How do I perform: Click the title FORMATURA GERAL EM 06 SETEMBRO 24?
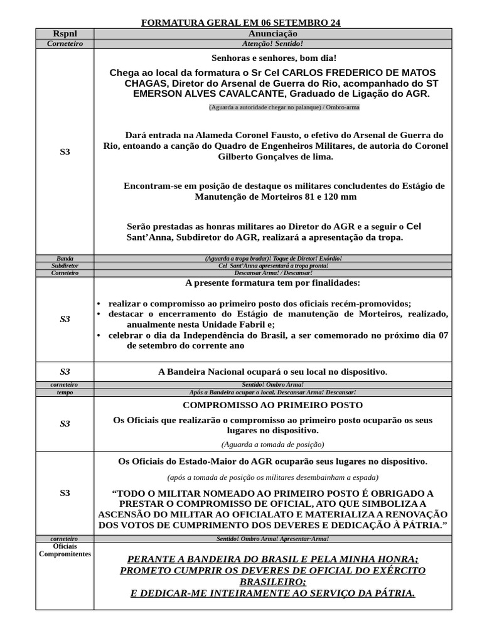pos(241,23)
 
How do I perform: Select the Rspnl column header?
pos(65,33)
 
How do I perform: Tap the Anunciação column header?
pos(272,33)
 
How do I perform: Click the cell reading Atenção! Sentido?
pos(272,43)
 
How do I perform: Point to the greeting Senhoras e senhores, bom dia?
pos(272,57)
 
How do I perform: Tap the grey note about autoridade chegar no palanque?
pos(284,107)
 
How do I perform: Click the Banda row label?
pos(65,258)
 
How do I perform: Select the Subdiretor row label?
pos(65,266)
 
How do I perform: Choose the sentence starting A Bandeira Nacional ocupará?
pos(272,372)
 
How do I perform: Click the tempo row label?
pos(65,392)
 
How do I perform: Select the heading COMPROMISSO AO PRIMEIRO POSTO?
pos(272,405)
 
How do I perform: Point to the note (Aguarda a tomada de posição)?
pos(272,444)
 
